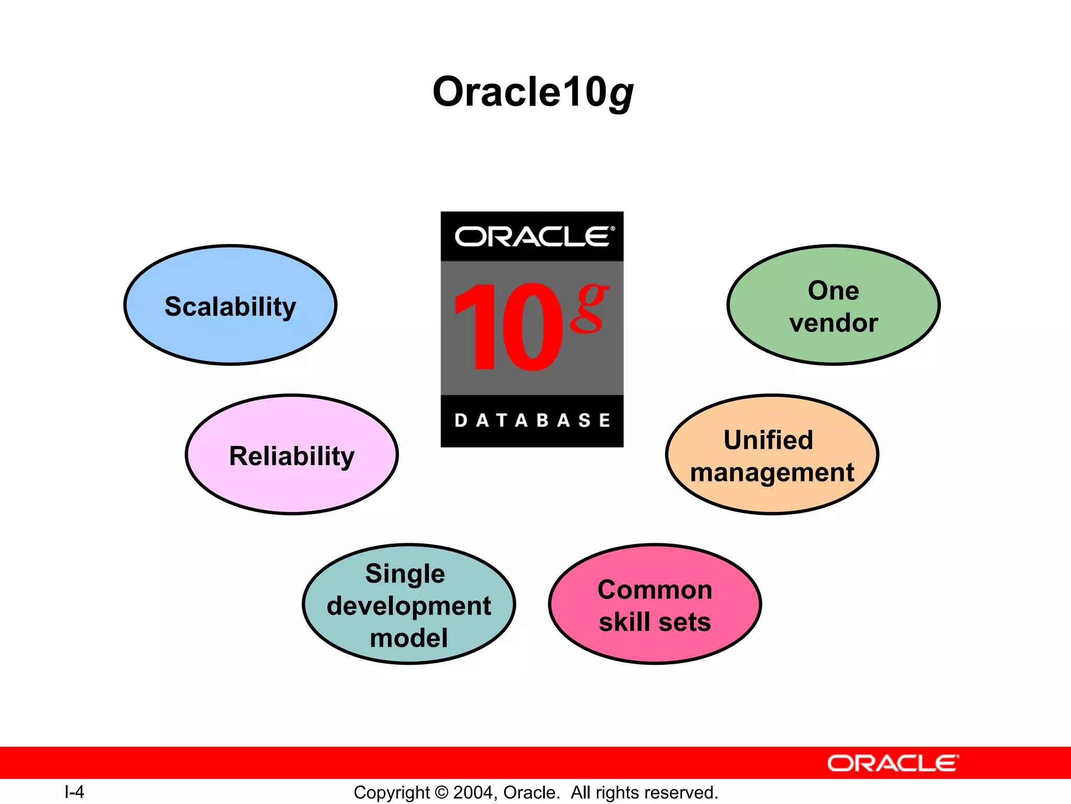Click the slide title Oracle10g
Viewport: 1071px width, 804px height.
(533, 92)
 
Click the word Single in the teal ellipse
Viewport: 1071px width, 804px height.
(405, 574)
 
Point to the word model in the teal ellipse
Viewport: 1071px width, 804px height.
(408, 638)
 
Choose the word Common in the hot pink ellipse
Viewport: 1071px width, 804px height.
(655, 590)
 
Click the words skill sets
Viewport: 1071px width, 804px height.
(655, 622)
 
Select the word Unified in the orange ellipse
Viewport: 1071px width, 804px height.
(768, 440)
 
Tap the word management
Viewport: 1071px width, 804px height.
(772, 473)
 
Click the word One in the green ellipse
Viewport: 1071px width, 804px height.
(833, 291)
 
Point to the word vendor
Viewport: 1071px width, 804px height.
(834, 323)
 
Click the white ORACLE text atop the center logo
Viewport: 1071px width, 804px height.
(533, 237)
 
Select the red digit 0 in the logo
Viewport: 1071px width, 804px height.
(532, 327)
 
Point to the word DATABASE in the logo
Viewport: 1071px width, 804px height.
(532, 420)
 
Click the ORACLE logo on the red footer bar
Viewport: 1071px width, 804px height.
(893, 763)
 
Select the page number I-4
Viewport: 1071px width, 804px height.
(74, 792)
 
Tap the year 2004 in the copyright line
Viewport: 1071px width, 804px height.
(473, 792)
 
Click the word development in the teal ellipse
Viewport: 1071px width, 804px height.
(408, 606)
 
